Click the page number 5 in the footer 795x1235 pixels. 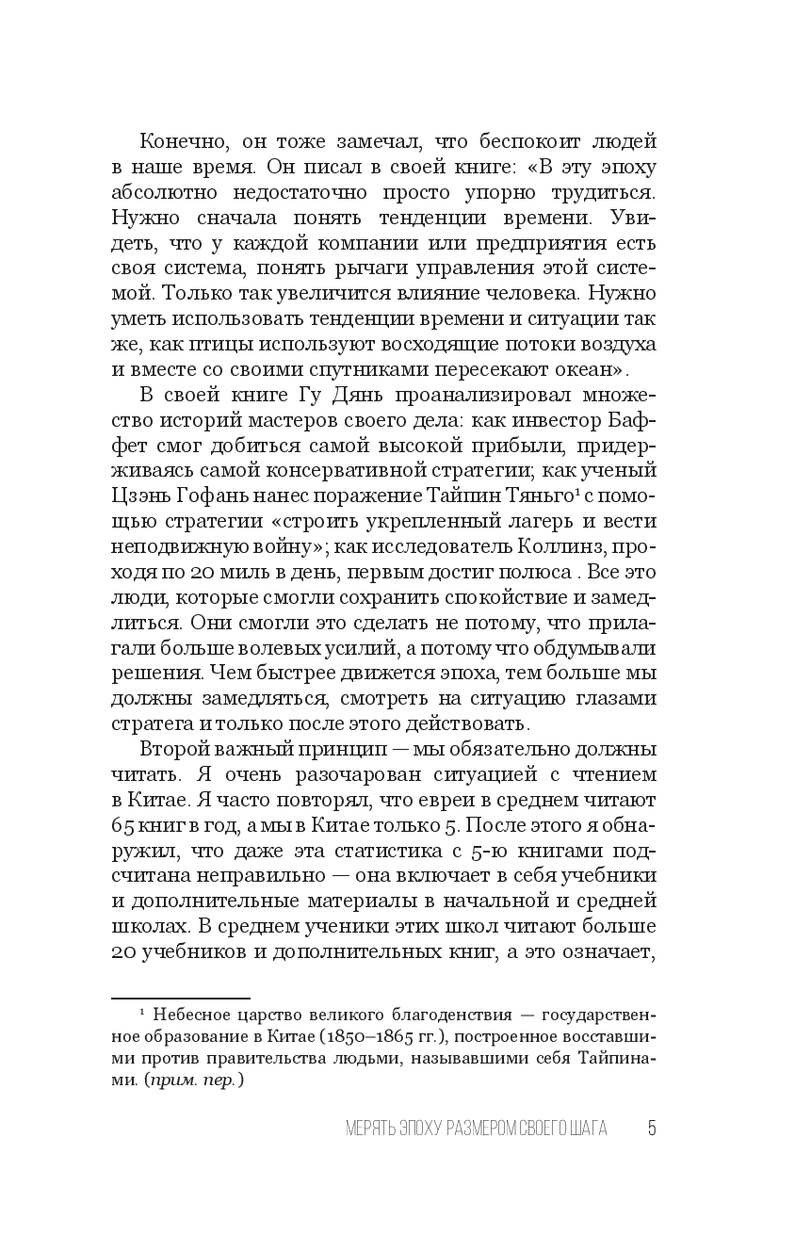tap(651, 1129)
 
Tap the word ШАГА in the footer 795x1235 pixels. tap(586, 1129)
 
